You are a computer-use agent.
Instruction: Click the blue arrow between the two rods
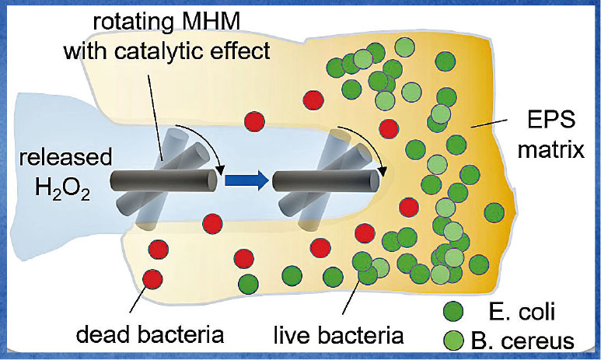pos(246,181)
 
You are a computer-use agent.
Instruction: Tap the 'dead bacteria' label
pos(150,336)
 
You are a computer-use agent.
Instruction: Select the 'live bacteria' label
pos(339,336)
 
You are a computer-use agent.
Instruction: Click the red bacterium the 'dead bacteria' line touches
pos(153,278)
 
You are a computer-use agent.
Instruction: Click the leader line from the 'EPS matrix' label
pos(491,124)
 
